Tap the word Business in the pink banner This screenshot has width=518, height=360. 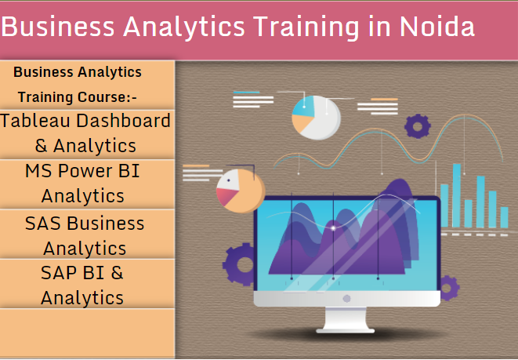60,27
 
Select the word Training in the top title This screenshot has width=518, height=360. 302,27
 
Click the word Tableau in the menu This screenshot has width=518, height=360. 34,121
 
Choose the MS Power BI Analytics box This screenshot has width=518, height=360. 86,184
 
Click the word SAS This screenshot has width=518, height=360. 43,223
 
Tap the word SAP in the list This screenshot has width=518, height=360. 60,273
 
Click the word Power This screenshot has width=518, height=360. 85,171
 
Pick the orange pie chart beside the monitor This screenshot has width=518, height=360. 240,191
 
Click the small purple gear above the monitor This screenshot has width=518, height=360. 418,125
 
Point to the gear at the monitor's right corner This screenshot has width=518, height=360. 448,287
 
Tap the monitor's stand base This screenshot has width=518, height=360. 346,327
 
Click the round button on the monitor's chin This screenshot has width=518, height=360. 346,298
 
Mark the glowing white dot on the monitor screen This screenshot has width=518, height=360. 333,227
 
